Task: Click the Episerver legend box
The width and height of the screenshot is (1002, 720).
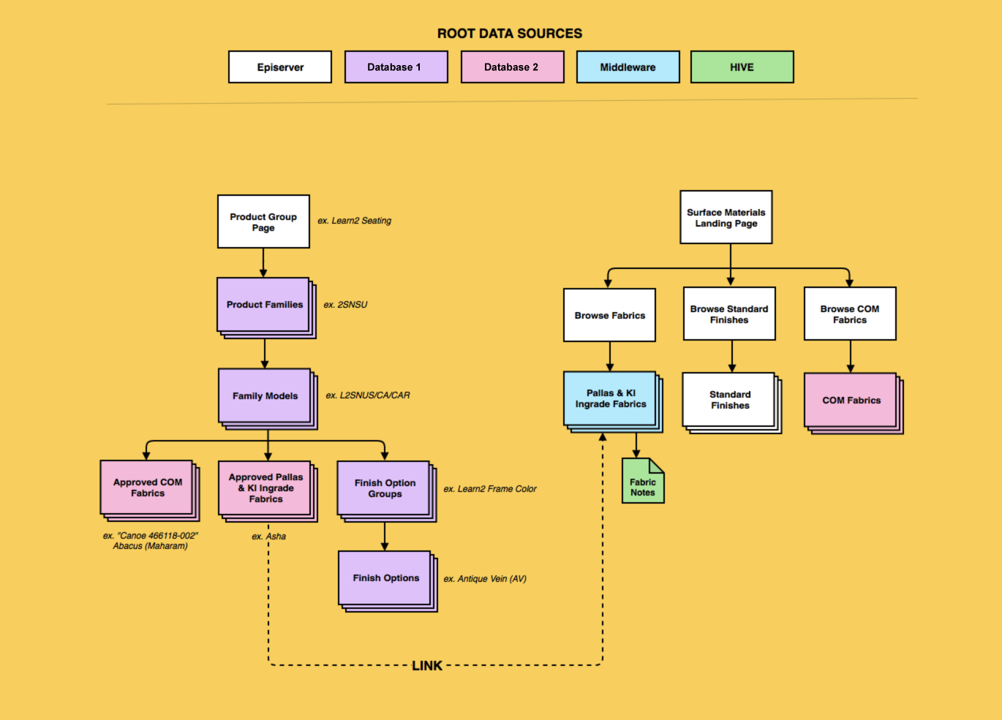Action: (280, 67)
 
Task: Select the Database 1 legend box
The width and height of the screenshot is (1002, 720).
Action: (396, 67)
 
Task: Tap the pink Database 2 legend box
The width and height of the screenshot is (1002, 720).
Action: (512, 67)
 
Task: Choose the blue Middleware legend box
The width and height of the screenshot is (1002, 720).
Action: (628, 67)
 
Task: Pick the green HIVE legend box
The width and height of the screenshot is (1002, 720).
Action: (742, 67)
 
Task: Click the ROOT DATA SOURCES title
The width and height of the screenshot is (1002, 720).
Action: (510, 34)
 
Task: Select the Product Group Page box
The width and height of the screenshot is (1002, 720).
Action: (263, 221)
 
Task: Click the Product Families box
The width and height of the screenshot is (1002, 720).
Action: (264, 305)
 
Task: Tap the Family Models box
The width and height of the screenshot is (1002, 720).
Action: (265, 396)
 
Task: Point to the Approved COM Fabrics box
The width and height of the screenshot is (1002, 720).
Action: (147, 488)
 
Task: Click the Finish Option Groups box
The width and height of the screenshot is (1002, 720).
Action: (384, 488)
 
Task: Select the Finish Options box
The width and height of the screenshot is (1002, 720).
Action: (385, 578)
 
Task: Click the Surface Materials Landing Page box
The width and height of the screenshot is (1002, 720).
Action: (726, 218)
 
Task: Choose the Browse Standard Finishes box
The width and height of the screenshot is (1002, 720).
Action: (729, 314)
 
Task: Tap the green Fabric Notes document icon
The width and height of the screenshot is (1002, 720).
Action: (642, 482)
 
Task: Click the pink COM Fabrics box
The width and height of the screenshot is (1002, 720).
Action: (851, 401)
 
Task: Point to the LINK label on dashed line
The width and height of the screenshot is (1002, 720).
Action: (427, 666)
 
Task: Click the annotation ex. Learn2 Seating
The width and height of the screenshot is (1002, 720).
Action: (355, 221)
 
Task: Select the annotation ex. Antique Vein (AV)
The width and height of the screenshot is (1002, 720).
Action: (485, 579)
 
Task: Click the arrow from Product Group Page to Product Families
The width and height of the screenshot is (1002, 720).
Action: (263, 262)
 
